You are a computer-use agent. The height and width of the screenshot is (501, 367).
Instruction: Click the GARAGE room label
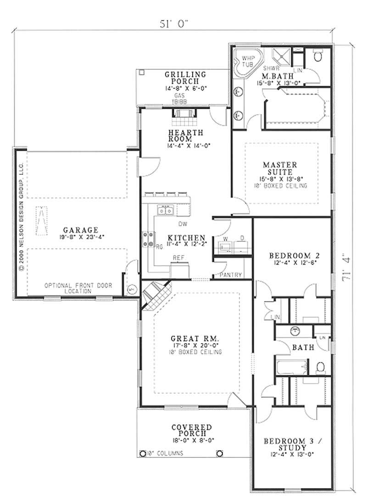[80, 229]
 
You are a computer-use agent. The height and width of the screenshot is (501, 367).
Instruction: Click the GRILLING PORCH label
[185, 77]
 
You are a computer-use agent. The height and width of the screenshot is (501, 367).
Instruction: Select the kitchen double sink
[165, 211]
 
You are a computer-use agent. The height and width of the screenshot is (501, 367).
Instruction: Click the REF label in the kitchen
[178, 258]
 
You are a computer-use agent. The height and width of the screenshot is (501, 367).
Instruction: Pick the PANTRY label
[231, 275]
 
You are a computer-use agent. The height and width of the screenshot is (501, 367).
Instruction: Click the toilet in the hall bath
[321, 367]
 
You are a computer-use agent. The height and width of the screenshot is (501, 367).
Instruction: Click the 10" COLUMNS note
[165, 453]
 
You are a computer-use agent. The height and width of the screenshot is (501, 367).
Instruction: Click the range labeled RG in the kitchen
[150, 240]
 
